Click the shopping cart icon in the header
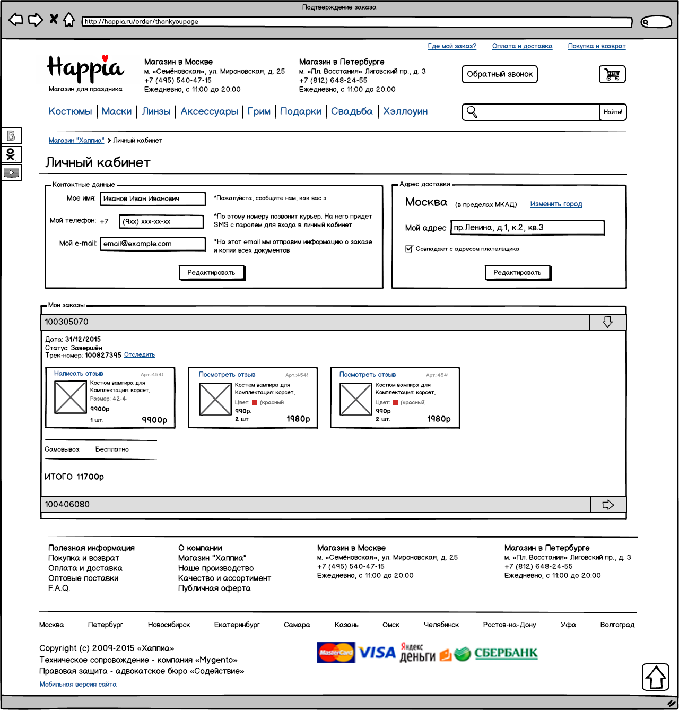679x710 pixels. pyautogui.click(x=612, y=74)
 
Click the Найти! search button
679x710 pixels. pyautogui.click(x=613, y=112)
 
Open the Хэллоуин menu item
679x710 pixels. pyautogui.click(x=405, y=111)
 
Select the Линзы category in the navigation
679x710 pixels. pyautogui.click(x=156, y=111)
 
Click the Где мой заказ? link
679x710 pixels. pyautogui.click(x=452, y=46)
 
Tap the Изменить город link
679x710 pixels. pyautogui.click(x=556, y=204)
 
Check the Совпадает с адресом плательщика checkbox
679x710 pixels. pyautogui.click(x=409, y=249)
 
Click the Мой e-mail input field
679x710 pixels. pyautogui.click(x=153, y=244)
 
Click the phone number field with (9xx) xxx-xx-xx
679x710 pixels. pyautogui.click(x=162, y=221)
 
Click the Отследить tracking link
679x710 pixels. pyautogui.click(x=140, y=355)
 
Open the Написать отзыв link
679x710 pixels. pyautogui.click(x=79, y=374)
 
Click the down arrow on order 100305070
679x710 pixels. pyautogui.click(x=608, y=322)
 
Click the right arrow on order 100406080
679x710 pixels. pyautogui.click(x=608, y=505)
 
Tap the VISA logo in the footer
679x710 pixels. pyautogui.click(x=377, y=653)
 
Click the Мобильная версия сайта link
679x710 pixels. pyautogui.click(x=78, y=685)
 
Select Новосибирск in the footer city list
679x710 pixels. pyautogui.click(x=169, y=625)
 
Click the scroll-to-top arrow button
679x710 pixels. pyautogui.click(x=656, y=677)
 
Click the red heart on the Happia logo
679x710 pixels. pyautogui.click(x=105, y=58)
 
